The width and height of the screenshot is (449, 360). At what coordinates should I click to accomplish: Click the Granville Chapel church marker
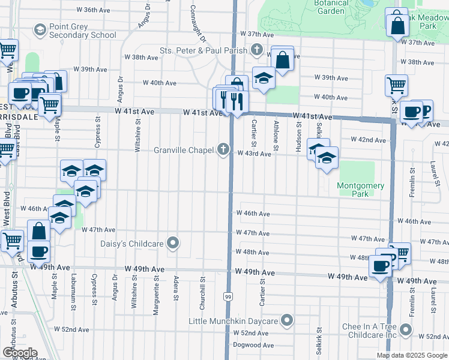[x=224, y=149]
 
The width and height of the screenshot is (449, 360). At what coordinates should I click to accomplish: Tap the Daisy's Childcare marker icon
[x=173, y=243]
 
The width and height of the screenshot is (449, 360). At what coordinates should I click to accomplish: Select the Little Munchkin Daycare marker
[x=288, y=321]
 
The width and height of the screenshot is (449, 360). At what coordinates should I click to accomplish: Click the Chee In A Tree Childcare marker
[x=406, y=329]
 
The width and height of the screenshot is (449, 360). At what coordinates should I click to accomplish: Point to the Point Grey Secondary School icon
[x=40, y=29]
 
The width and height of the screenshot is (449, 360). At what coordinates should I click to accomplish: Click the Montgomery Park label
[x=360, y=190]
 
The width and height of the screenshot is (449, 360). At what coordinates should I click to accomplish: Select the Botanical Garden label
[x=331, y=7]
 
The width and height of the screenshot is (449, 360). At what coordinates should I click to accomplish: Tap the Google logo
[x=20, y=352]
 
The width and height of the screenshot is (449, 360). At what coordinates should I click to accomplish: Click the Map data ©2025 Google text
[x=411, y=355]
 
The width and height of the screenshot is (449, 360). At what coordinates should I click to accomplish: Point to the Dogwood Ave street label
[x=253, y=345]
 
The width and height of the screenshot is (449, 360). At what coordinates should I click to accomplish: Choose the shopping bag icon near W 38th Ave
[x=282, y=60]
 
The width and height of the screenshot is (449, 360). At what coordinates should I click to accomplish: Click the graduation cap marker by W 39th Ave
[x=263, y=79]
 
